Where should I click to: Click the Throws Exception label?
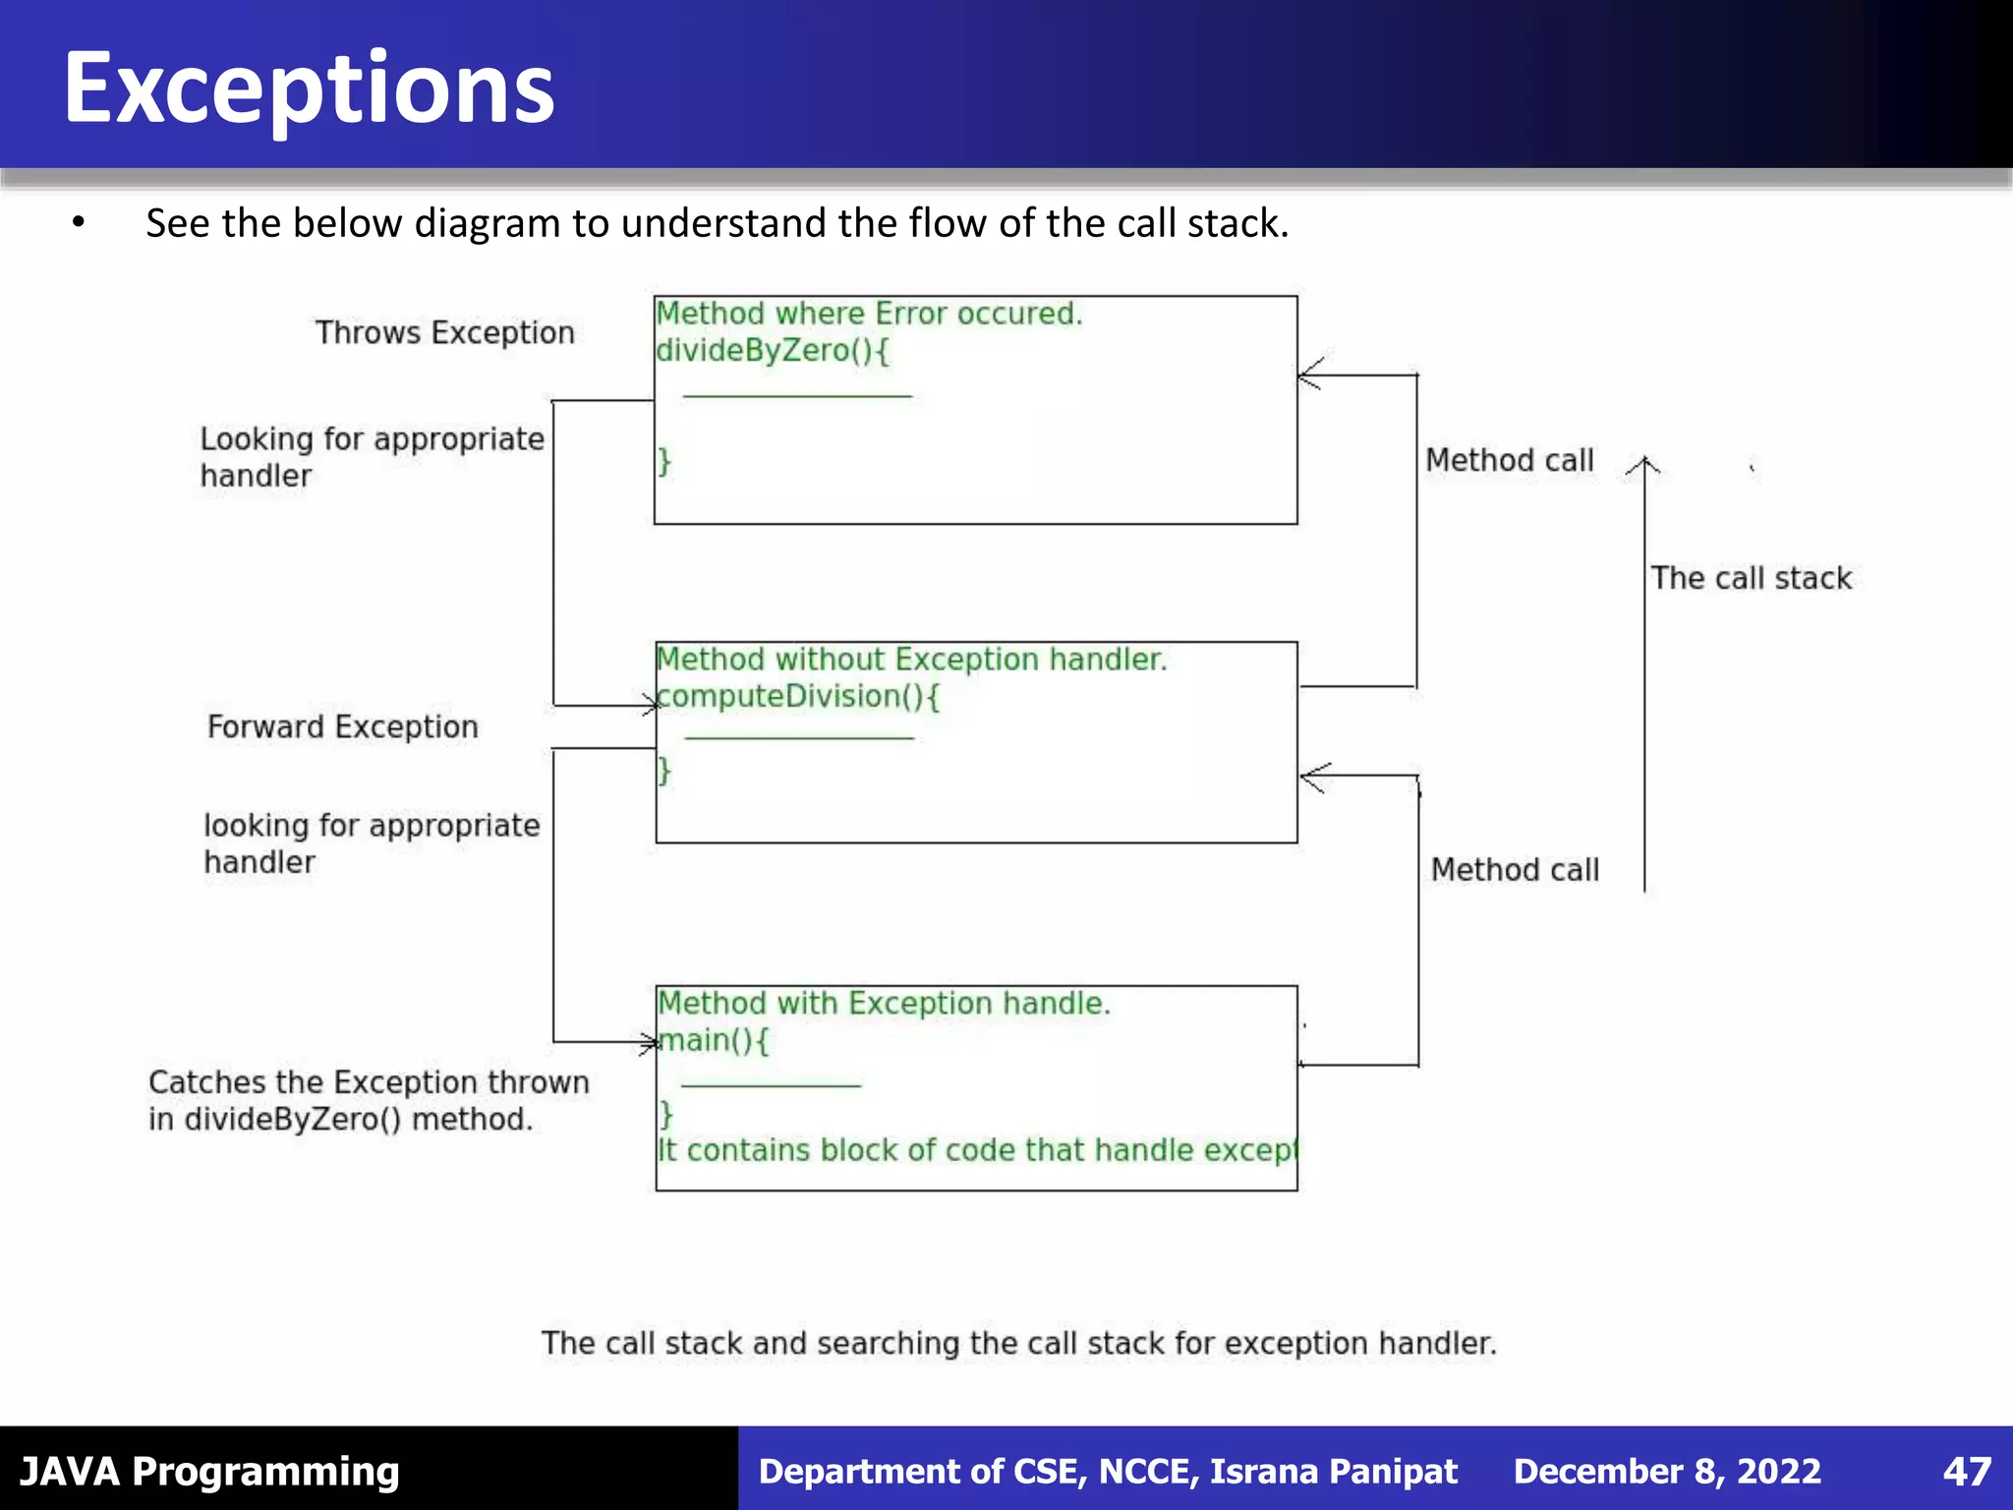[x=444, y=333]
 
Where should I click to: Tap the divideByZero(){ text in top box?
[x=773, y=351]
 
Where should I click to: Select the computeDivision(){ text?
[x=798, y=697]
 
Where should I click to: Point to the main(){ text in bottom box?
[x=714, y=1040]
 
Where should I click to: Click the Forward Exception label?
[x=342, y=727]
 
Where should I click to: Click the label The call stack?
[x=1751, y=578]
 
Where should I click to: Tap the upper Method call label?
[x=1509, y=460]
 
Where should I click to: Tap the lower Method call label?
[x=1515, y=870]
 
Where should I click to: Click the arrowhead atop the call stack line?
[x=1643, y=465]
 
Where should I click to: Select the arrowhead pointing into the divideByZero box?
[x=1309, y=375]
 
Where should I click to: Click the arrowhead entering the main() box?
[x=649, y=1042]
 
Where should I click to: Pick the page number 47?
[x=1967, y=1472]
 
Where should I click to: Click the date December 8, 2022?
[x=1667, y=1472]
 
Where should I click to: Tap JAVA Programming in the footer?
[x=209, y=1472]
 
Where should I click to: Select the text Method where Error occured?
[x=869, y=314]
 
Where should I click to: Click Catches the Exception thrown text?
[x=369, y=1082]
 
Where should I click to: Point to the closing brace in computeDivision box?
[x=664, y=770]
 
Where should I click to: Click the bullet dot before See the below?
[x=79, y=223]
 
